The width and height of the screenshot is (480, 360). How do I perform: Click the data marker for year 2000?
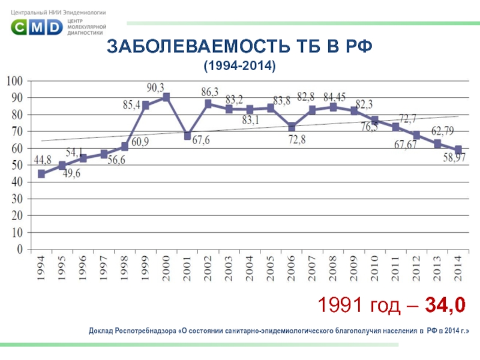166,97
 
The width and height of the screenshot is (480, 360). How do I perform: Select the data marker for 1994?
41,174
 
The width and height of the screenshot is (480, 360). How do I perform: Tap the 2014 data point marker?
458,149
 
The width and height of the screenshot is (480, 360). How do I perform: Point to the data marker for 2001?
187,136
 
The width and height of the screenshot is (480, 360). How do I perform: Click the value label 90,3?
155,88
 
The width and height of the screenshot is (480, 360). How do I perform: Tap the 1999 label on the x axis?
145,267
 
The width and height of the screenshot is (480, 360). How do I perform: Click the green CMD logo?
37,26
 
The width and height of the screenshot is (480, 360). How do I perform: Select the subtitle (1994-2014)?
240,65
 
